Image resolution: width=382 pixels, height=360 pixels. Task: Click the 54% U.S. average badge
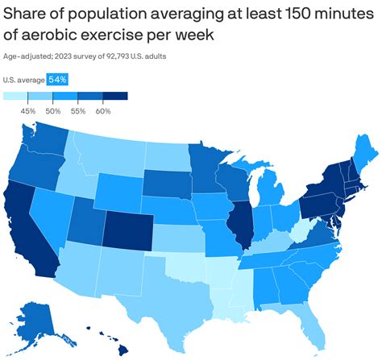pyautogui.click(x=57, y=80)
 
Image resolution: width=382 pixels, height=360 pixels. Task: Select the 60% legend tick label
pyautogui.click(x=102, y=110)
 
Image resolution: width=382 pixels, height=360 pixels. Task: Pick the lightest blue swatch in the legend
pyautogui.click(x=19, y=97)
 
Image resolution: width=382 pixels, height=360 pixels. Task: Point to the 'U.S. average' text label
pyautogui.click(x=24, y=80)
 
